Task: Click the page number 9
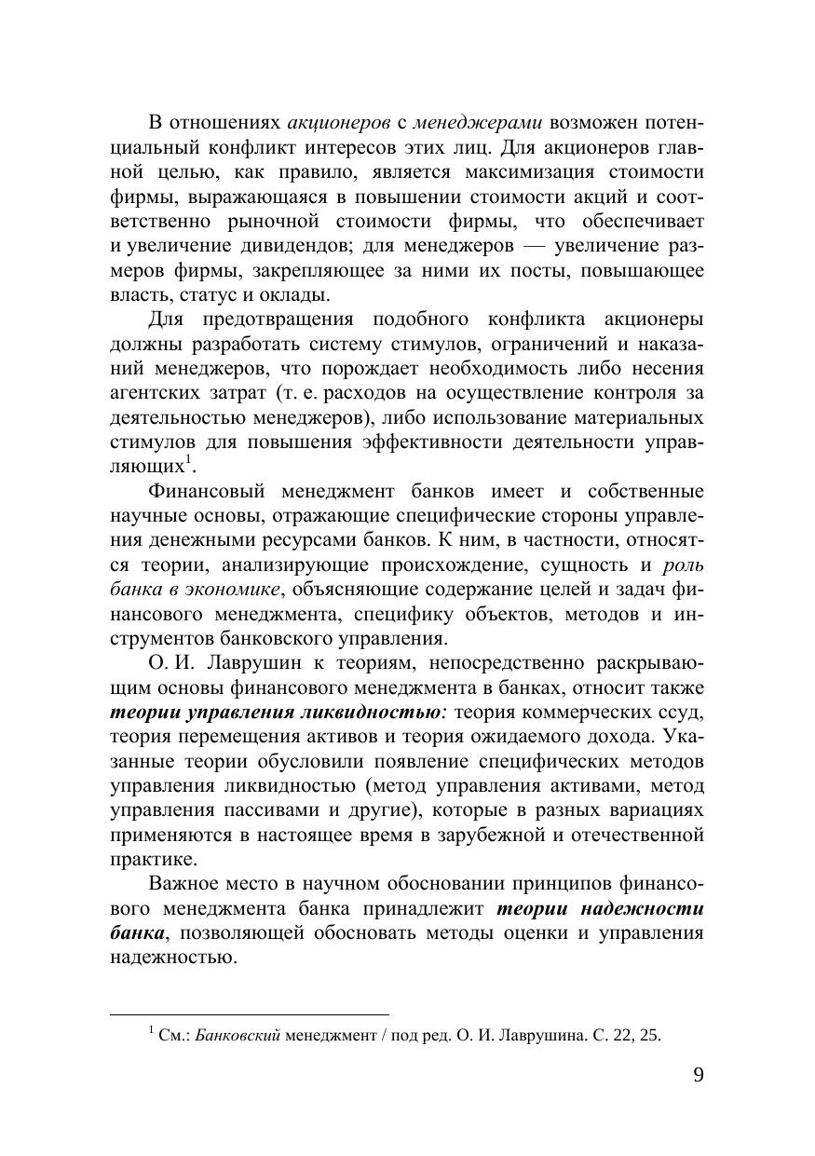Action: point(699,1075)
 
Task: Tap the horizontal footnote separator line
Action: point(249,1013)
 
